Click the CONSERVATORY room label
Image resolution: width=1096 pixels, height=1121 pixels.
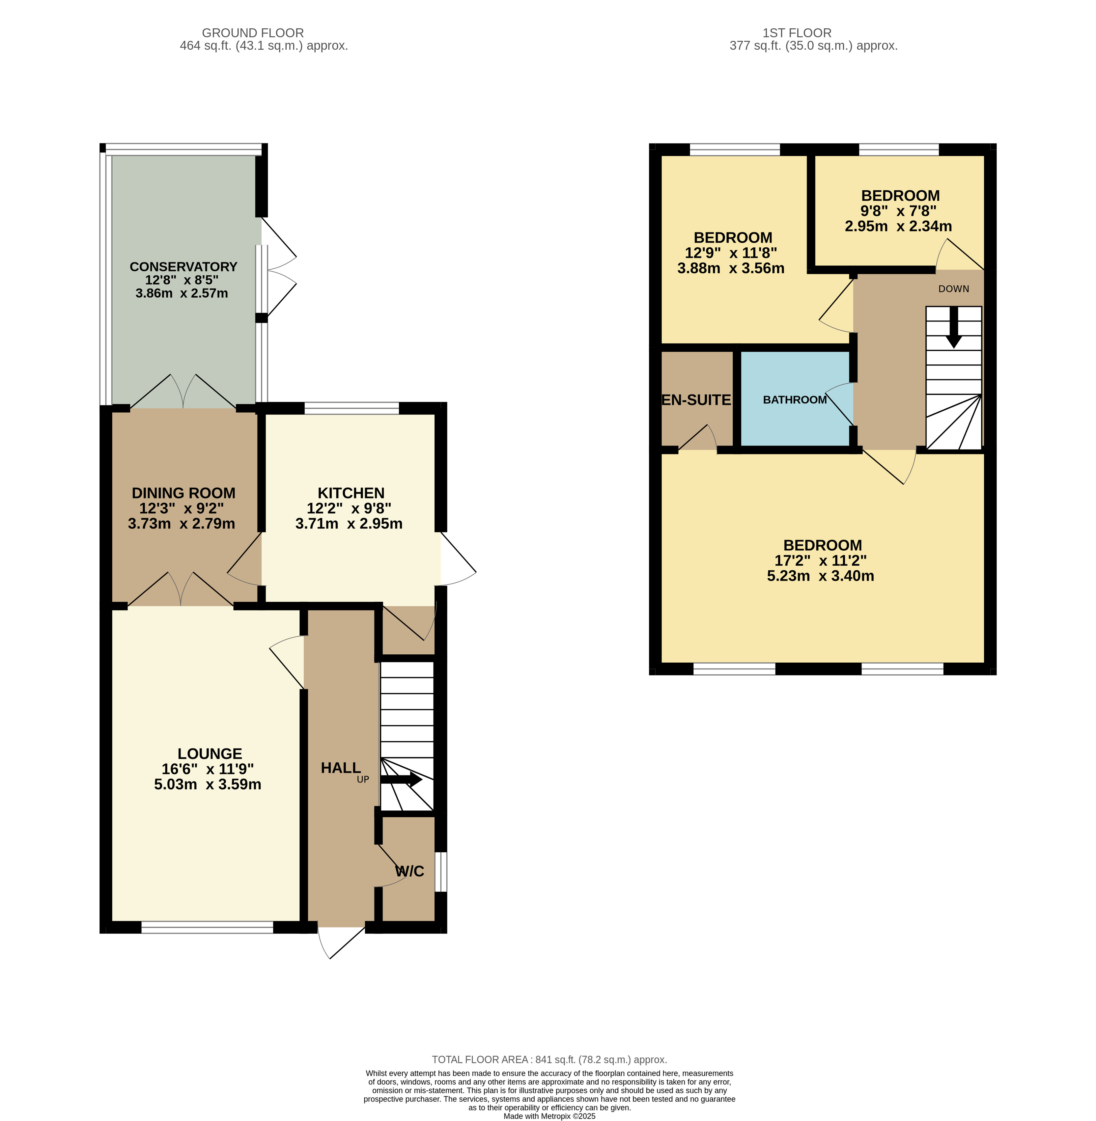(x=183, y=267)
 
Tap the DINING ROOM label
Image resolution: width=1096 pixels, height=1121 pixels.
(x=183, y=493)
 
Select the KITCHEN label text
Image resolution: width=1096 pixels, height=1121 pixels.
(x=351, y=493)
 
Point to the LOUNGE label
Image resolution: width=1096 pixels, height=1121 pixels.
(x=210, y=754)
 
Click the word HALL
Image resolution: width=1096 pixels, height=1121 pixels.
(x=341, y=768)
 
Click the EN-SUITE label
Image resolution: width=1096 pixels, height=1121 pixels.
(x=696, y=400)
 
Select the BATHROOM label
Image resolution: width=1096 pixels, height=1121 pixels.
(x=795, y=400)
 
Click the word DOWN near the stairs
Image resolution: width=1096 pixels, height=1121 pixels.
(x=954, y=289)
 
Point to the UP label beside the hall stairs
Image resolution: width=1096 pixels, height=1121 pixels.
(x=363, y=780)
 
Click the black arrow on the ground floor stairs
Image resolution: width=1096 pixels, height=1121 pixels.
(x=401, y=780)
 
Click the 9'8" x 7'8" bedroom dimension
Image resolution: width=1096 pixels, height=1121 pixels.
(x=899, y=211)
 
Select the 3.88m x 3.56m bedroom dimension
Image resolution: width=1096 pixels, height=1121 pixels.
(x=731, y=268)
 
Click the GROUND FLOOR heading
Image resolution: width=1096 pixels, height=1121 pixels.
(x=253, y=33)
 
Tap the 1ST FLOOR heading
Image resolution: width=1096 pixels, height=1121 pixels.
(x=797, y=33)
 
